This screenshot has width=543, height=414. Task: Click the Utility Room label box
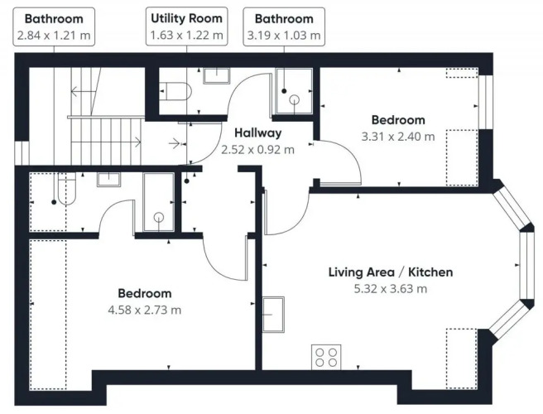pyautogui.click(x=187, y=26)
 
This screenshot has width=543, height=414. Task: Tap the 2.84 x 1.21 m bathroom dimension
pyautogui.click(x=54, y=36)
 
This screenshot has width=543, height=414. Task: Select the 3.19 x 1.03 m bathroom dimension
pyautogui.click(x=284, y=36)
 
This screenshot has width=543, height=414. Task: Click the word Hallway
pyautogui.click(x=258, y=132)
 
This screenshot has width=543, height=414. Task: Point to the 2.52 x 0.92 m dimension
pyautogui.click(x=258, y=150)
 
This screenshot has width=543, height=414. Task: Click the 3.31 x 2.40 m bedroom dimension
pyautogui.click(x=398, y=137)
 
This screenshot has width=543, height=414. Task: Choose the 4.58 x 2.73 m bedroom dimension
pyautogui.click(x=145, y=310)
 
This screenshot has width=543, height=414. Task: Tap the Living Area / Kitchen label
pyautogui.click(x=391, y=272)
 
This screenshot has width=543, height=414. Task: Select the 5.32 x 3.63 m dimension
pyautogui.click(x=391, y=289)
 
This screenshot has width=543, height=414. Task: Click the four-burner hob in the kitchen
pyautogui.click(x=326, y=357)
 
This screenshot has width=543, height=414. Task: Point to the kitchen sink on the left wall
pyautogui.click(x=273, y=315)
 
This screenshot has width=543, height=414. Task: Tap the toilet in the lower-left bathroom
pyautogui.click(x=67, y=189)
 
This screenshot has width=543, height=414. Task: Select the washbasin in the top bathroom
pyautogui.click(x=216, y=75)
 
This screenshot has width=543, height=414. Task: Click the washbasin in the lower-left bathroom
pyautogui.click(x=108, y=180)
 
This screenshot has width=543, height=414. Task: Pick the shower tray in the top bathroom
pyautogui.click(x=294, y=91)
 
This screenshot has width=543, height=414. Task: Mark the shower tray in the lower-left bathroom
pyautogui.click(x=159, y=202)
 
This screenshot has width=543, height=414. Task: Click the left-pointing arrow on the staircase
pyautogui.click(x=83, y=92)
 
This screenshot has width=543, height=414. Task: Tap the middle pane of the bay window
pyautogui.click(x=527, y=265)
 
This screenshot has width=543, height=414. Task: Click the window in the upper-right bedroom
pyautogui.click(x=485, y=102)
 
